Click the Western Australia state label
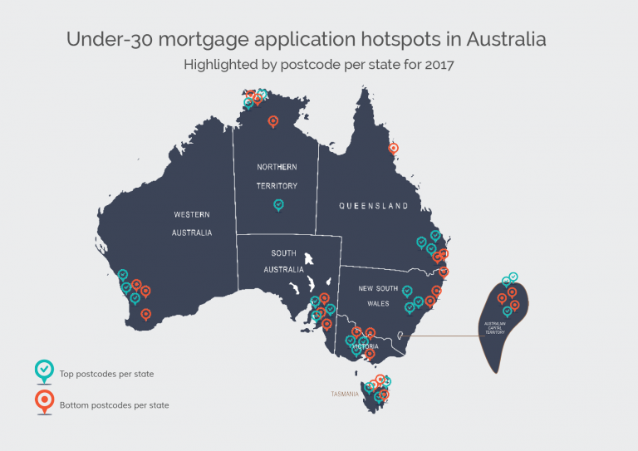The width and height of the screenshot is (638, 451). coord(192,223)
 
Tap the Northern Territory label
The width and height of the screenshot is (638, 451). coord(277,176)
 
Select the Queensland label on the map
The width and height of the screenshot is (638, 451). coord(373,205)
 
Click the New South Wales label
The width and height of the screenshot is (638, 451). coord(379,296)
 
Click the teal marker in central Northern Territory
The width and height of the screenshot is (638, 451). coord(279,204)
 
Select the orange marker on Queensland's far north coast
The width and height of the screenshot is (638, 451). coord(394,149)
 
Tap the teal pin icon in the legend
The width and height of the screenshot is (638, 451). coord(42,371)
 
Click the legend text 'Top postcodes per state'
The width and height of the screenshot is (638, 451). coord(106,374)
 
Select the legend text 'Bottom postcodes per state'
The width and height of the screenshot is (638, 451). coord(115,405)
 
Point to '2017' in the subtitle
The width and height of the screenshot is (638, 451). coord(438,64)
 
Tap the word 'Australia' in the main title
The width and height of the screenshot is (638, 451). coord(506,38)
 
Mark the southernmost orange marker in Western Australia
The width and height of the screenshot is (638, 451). coord(146,314)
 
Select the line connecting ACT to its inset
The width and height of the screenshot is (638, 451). coord(440,336)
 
